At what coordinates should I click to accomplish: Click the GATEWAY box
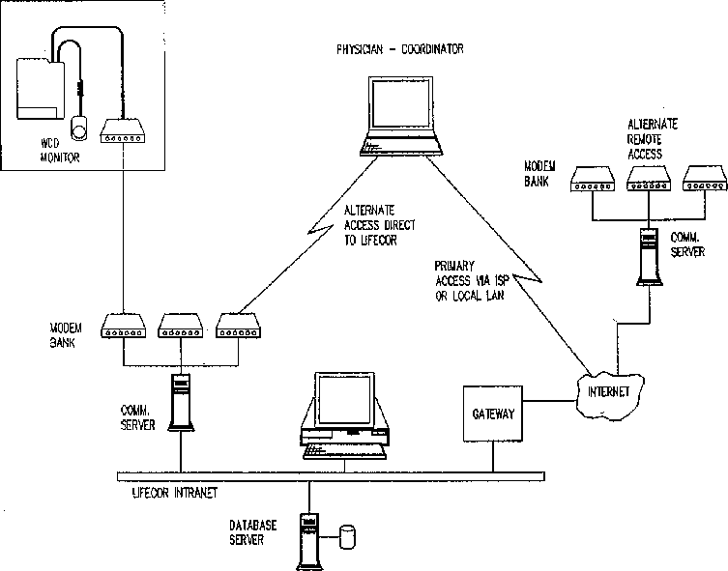(493, 414)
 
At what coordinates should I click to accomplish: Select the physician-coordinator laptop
(401, 116)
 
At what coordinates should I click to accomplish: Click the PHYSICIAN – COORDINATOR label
(399, 49)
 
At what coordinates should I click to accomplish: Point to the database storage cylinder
(347, 537)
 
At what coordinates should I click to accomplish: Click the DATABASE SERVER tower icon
(309, 541)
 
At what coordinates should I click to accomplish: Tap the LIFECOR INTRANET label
(175, 493)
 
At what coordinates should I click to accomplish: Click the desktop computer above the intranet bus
(344, 415)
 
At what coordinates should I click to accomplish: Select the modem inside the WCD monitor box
(123, 131)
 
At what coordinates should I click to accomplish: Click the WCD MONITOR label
(59, 151)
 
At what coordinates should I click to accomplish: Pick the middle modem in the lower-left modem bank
(180, 327)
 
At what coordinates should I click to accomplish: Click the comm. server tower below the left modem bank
(181, 402)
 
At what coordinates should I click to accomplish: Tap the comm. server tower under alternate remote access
(649, 257)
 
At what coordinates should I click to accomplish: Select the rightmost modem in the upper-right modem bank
(705, 179)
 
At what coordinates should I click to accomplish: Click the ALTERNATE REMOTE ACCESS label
(653, 139)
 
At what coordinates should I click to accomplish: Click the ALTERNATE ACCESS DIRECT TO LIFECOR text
(379, 225)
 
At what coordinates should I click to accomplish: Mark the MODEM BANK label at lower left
(66, 335)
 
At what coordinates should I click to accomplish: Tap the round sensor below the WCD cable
(79, 128)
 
